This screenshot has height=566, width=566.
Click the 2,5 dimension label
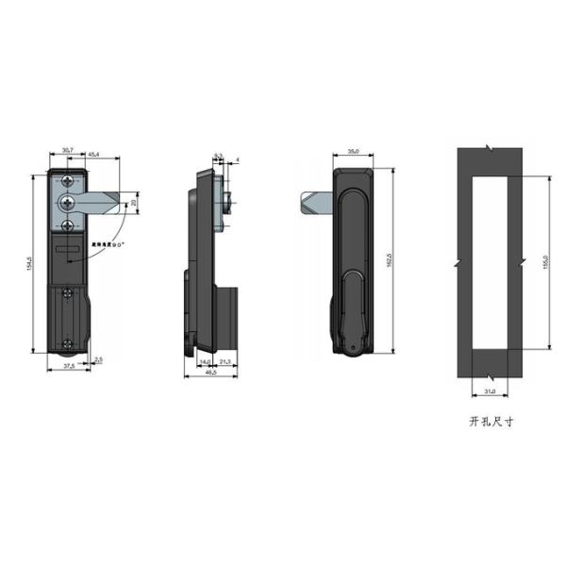pyautogui.click(x=99, y=359)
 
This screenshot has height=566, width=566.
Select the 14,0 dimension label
pyautogui.click(x=203, y=361)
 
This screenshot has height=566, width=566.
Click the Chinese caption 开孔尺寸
pyautogui.click(x=490, y=424)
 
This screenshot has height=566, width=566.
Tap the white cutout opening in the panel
pyautogui.click(x=490, y=261)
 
